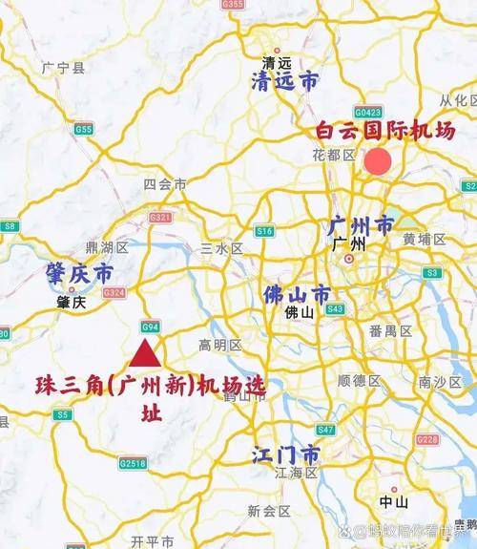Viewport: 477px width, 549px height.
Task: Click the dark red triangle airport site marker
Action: [x=144, y=353]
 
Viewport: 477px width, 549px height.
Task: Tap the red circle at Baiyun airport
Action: [x=378, y=160]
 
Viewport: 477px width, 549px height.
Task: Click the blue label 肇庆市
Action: [x=79, y=274]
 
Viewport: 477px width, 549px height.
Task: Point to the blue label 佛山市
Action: [x=297, y=293]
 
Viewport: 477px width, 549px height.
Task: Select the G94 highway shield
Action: [x=150, y=325]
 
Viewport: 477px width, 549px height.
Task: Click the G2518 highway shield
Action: [x=134, y=463]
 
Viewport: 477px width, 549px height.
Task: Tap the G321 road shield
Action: [x=159, y=218]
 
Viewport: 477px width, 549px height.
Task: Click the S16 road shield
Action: [x=264, y=231]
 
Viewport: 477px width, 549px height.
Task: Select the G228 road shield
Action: [x=427, y=440]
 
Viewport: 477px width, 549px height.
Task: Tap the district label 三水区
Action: [x=222, y=248]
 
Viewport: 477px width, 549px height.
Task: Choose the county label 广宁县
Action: [x=64, y=68]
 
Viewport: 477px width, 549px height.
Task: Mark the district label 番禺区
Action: [x=390, y=331]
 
